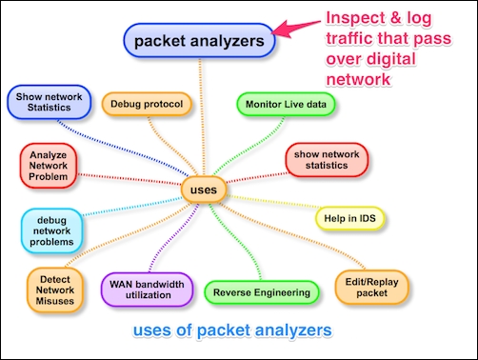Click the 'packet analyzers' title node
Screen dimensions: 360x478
199,42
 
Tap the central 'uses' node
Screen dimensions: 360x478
203,190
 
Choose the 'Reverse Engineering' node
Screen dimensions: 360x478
260,292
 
